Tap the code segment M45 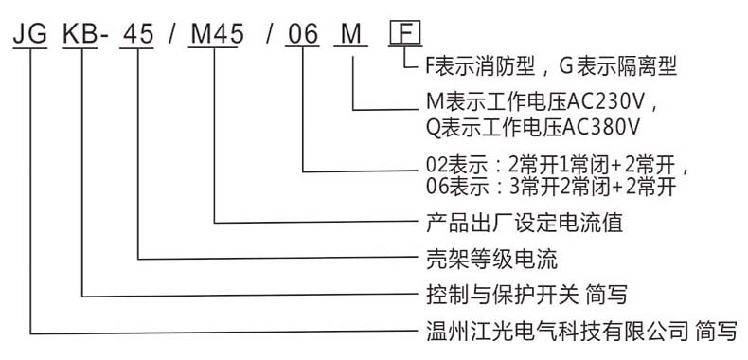pyautogui.click(x=216, y=35)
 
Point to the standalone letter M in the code pyautogui.click(x=352, y=35)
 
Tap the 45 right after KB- pyautogui.click(x=139, y=35)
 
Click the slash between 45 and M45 pyautogui.click(x=173, y=35)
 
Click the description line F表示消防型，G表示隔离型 pyautogui.click(x=549, y=67)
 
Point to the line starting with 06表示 pyautogui.click(x=549, y=187)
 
